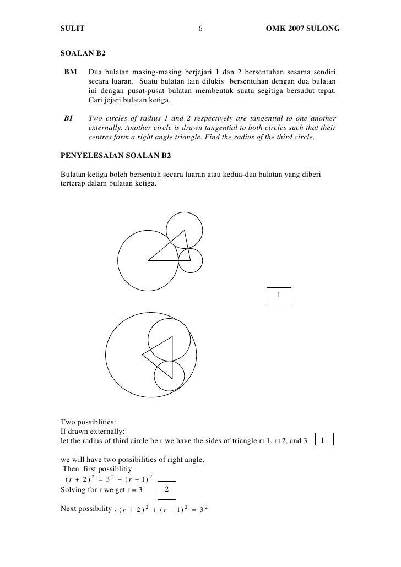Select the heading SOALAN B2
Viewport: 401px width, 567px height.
[x=83, y=54]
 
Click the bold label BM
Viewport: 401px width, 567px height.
[x=71, y=72]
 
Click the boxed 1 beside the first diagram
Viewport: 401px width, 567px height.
[x=279, y=296]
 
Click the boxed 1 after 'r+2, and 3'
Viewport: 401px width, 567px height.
[x=325, y=440]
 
